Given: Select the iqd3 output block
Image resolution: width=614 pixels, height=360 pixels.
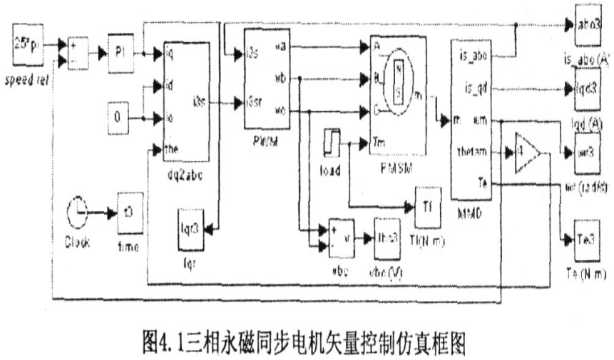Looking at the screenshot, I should [x=587, y=90].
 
